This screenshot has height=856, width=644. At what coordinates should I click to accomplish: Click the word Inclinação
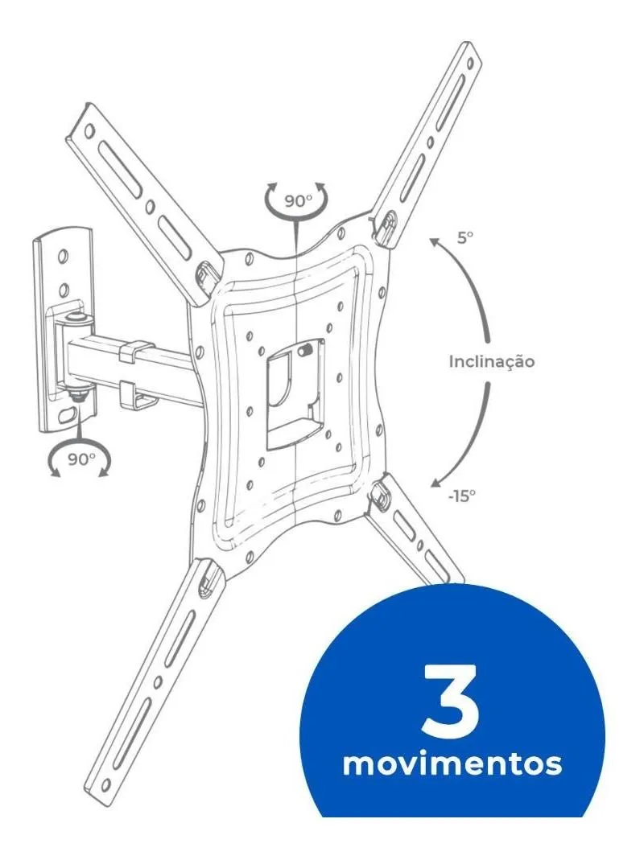click(492, 361)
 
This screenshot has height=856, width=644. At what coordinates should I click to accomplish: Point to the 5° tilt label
click(464, 237)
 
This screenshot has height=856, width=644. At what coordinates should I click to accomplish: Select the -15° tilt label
click(461, 496)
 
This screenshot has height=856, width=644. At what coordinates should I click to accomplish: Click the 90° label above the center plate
click(297, 201)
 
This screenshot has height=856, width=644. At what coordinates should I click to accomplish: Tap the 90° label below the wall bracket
click(81, 459)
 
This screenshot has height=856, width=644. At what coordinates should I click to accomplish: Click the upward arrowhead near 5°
click(434, 243)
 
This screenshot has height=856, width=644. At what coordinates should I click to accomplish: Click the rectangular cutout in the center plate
click(295, 393)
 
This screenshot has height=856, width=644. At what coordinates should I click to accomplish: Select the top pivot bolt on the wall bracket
click(74, 316)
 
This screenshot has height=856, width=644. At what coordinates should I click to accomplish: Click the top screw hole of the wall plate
click(63, 255)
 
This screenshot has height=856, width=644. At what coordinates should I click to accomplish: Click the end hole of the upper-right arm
click(469, 64)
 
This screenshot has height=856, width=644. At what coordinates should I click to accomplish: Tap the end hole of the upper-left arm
click(89, 132)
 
